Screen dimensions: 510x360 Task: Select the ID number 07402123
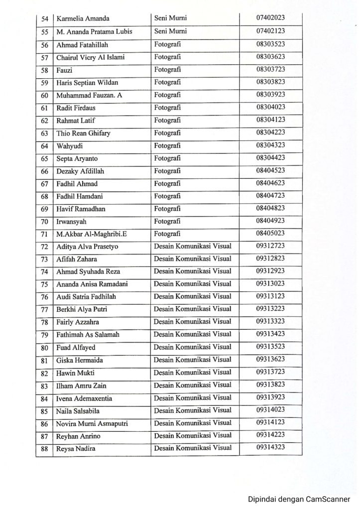[270, 31]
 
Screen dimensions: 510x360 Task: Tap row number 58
[44, 70]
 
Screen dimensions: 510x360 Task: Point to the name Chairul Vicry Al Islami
[90, 57]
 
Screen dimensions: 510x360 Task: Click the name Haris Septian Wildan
[87, 83]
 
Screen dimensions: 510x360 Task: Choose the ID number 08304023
[270, 107]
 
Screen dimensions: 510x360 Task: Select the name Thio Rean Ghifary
[83, 133]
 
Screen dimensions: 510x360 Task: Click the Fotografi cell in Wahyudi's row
[167, 146]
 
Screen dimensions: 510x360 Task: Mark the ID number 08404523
[270, 170]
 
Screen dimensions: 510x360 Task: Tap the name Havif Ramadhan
[81, 209]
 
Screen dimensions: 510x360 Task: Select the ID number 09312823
[270, 259]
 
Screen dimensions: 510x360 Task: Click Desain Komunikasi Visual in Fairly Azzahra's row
[193, 322]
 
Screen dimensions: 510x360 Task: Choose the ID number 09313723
[270, 373]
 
